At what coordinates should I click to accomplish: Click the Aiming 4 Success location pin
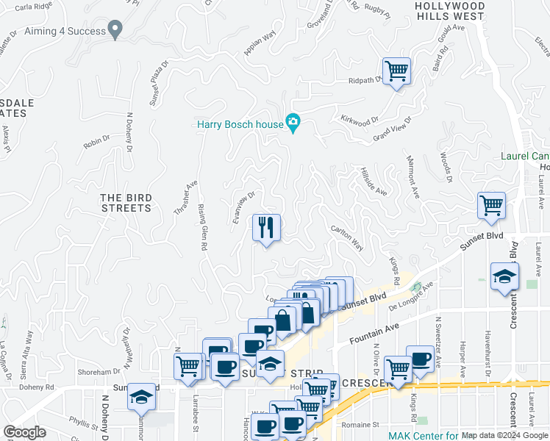tap(115, 29)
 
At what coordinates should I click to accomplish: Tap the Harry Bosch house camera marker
tap(293, 123)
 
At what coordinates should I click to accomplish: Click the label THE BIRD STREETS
tap(126, 203)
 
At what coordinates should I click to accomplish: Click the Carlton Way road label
tap(347, 237)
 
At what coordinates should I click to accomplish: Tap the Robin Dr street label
tap(96, 140)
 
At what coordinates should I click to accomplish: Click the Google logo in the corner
tap(24, 432)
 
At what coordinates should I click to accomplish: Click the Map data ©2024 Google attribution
tap(504, 435)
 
